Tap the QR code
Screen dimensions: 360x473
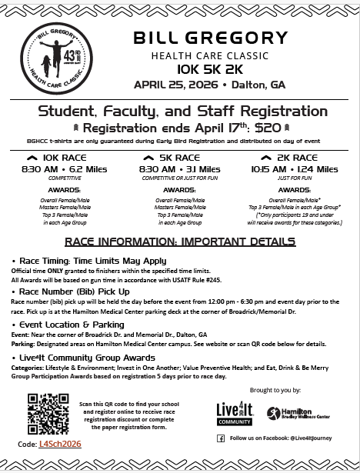pyautogui.click(x=47, y=414)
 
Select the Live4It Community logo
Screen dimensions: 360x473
pyautogui.click(x=235, y=413)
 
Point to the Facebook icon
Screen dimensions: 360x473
pyautogui.click(x=221, y=438)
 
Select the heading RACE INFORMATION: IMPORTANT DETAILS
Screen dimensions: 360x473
pyautogui.click(x=180, y=241)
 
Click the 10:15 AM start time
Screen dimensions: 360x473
pyautogui.click(x=269, y=169)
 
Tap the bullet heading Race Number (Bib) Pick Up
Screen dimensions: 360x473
pyautogui.click(x=72, y=292)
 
